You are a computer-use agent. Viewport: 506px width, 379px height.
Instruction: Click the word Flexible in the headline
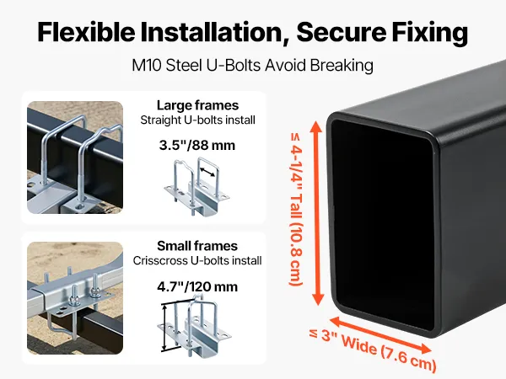(87, 32)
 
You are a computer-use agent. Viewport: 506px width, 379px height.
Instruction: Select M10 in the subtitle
(146, 66)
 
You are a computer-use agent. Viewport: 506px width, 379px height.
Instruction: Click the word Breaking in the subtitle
(342, 66)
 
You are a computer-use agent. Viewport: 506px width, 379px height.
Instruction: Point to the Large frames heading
(198, 105)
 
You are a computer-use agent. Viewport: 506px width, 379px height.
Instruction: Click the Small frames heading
(197, 246)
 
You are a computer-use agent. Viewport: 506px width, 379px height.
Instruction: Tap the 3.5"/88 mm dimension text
(197, 145)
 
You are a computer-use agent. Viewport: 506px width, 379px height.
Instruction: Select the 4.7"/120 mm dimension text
(197, 286)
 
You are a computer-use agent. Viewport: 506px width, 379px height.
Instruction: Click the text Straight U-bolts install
(198, 120)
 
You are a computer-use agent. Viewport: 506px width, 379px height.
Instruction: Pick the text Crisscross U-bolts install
(197, 260)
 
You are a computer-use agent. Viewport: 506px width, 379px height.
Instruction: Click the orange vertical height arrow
(317, 213)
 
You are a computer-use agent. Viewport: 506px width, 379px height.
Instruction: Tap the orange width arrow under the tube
(381, 335)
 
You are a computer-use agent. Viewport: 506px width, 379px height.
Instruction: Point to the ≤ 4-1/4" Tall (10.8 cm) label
(296, 209)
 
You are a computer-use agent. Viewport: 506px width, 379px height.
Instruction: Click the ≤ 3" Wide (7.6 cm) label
(373, 350)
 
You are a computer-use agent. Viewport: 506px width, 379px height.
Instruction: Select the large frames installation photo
(75, 157)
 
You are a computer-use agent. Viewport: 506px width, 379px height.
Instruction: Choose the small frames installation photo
(75, 298)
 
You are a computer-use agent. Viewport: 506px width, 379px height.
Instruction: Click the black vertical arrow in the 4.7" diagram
(165, 328)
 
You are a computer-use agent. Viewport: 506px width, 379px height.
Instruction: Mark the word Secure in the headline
(342, 32)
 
